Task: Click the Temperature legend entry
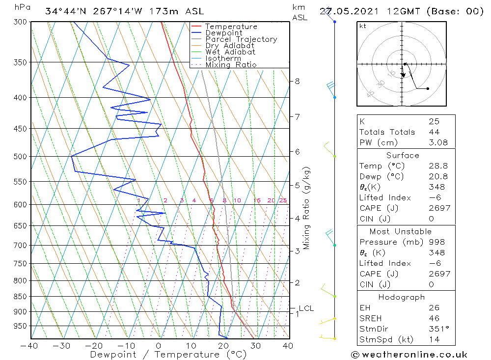pos(231,27)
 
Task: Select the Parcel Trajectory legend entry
pos(241,39)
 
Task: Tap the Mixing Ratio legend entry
pos(231,64)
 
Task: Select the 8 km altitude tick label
pos(298,81)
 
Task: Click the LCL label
pos(306,308)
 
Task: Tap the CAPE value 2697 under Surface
pos(439,208)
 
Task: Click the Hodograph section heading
pos(402,297)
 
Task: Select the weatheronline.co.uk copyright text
pos(409,355)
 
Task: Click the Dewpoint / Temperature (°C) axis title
pos(168,355)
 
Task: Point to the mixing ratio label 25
pos(283,200)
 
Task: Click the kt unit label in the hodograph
pos(363,26)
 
